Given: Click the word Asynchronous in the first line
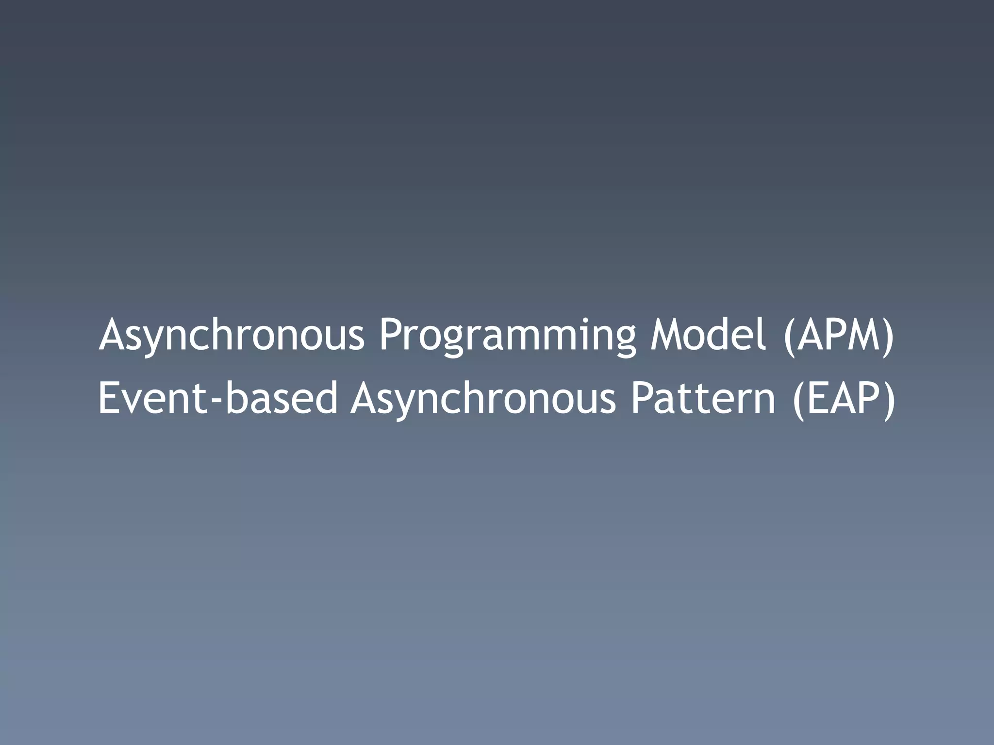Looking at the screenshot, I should point(231,335).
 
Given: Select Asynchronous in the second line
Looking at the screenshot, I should point(483,399).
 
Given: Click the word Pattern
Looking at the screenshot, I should point(703,398).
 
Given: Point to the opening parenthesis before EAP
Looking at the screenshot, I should point(797,400).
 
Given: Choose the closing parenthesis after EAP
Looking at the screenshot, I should point(889,400).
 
